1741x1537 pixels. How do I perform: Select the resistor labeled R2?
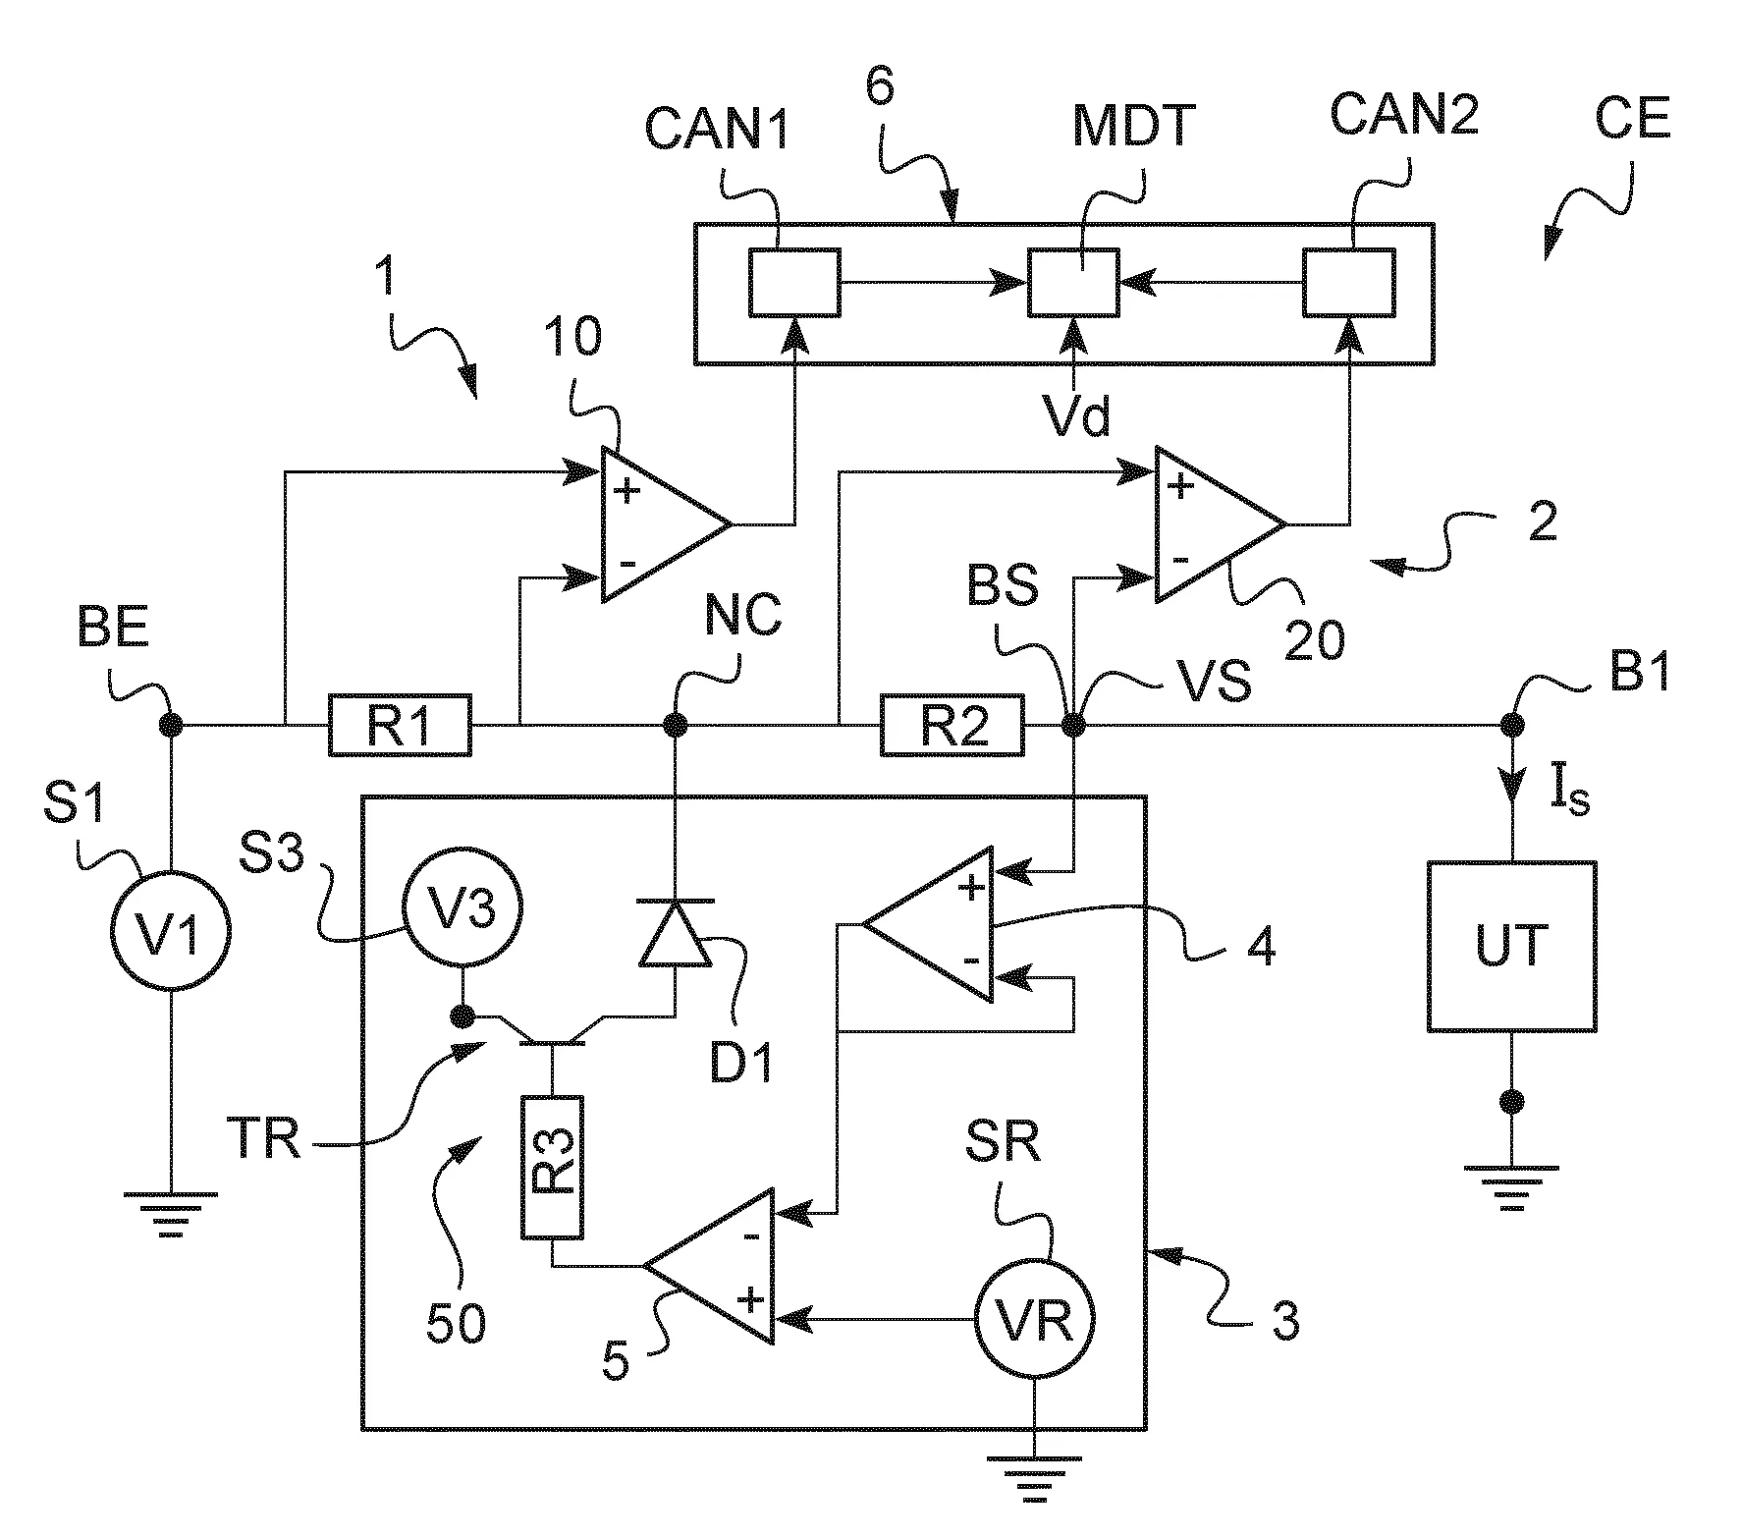952,726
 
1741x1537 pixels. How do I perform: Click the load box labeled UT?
1511,946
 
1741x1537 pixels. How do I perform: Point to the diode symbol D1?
675,934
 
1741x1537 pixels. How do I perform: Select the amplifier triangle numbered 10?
658,525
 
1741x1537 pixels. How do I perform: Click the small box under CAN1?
794,283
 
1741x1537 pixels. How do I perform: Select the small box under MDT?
1073,283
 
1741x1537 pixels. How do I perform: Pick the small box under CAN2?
1348,283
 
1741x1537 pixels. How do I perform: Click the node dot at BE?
171,726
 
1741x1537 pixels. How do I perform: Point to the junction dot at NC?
675,726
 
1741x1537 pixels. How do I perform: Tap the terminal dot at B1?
1511,726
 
